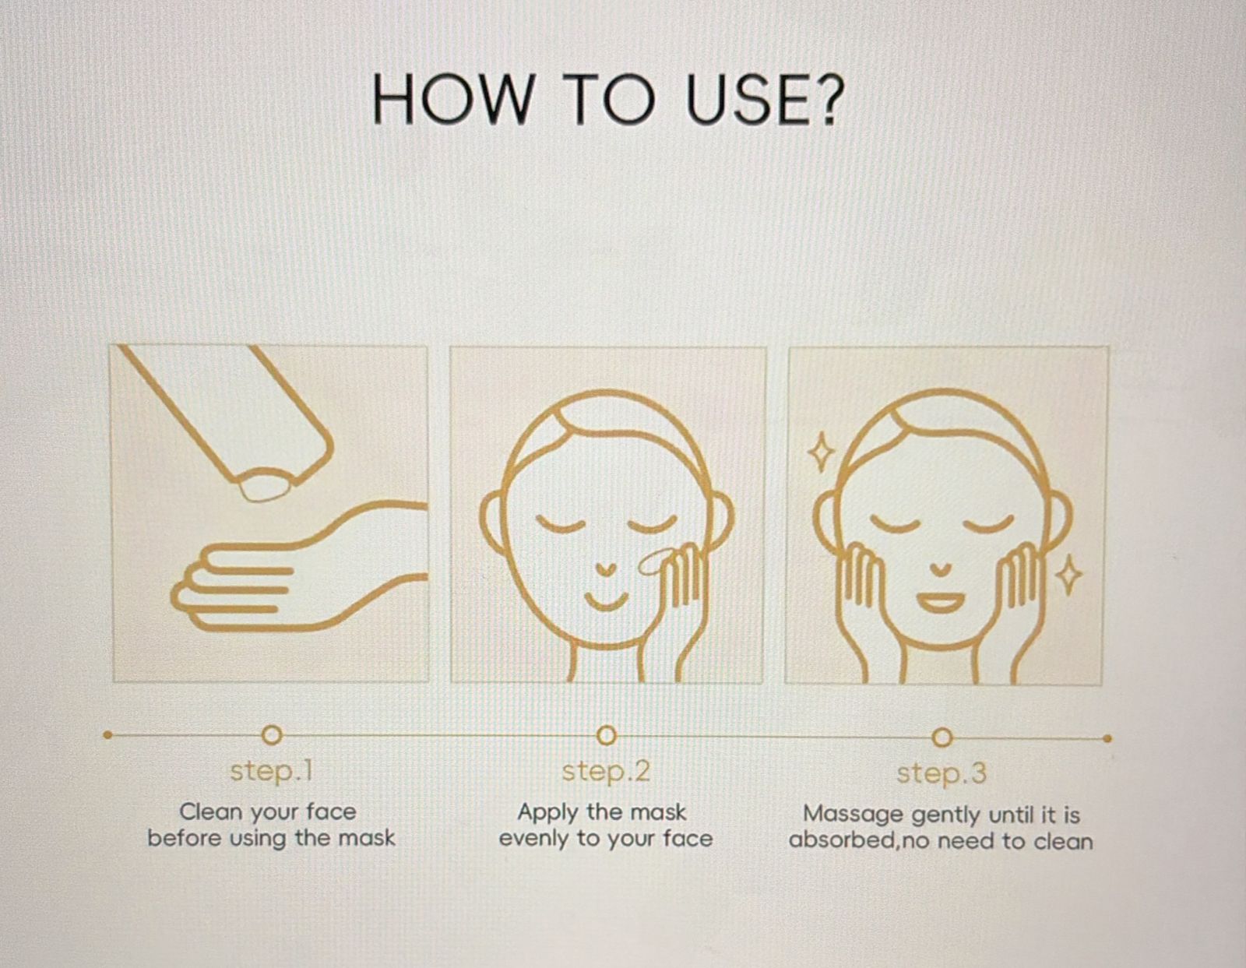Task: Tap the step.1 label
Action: pos(271,771)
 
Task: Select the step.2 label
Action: pos(606,771)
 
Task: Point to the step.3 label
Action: pos(941,773)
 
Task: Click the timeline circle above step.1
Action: pos(271,734)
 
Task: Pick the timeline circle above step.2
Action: pos(606,735)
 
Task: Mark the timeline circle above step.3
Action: pos(942,737)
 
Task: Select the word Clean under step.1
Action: pos(211,811)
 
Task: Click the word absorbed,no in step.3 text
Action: pos(860,841)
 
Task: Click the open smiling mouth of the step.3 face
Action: pos(941,602)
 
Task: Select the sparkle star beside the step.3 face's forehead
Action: pos(820,452)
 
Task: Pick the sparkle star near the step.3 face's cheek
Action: pos(1069,576)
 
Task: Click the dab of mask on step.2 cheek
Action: pos(653,560)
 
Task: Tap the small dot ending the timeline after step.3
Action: pos(1107,738)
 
